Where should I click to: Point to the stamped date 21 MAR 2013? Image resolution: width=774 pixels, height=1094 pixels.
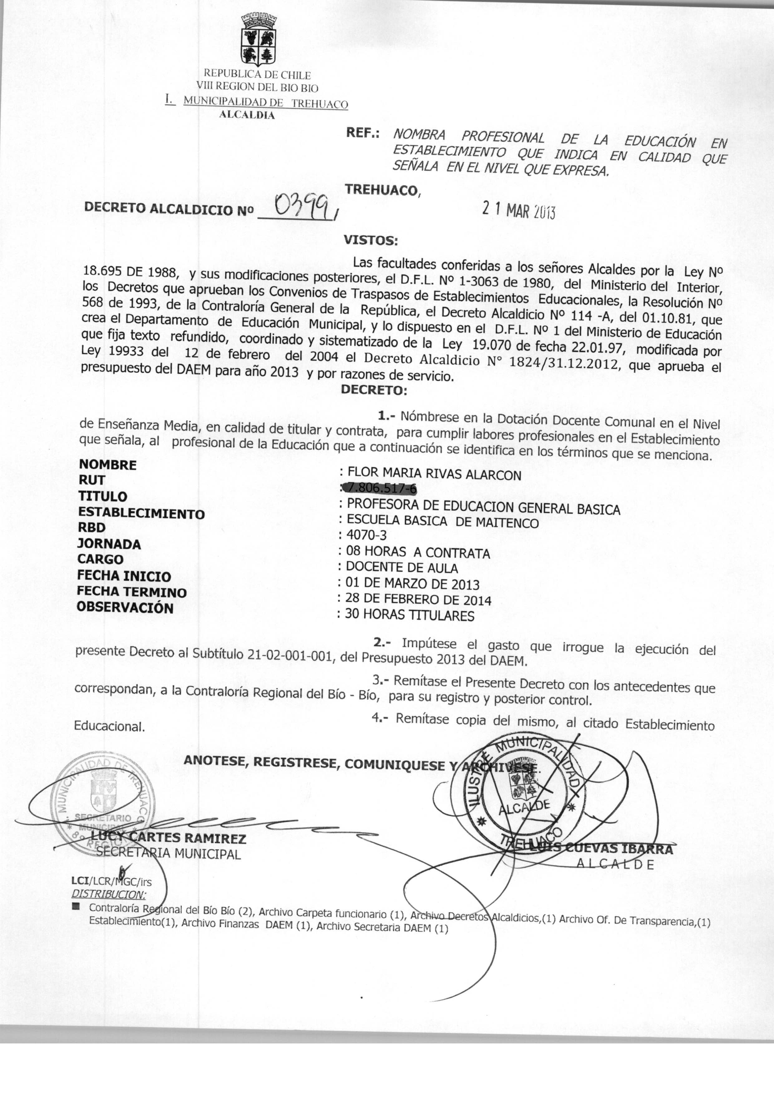(518, 210)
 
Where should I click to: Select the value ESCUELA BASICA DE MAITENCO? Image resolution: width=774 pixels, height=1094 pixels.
(442, 521)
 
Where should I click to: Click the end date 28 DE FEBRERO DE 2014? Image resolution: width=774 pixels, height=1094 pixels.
(418, 599)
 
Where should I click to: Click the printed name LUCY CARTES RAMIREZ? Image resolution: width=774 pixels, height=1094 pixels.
(168, 838)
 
